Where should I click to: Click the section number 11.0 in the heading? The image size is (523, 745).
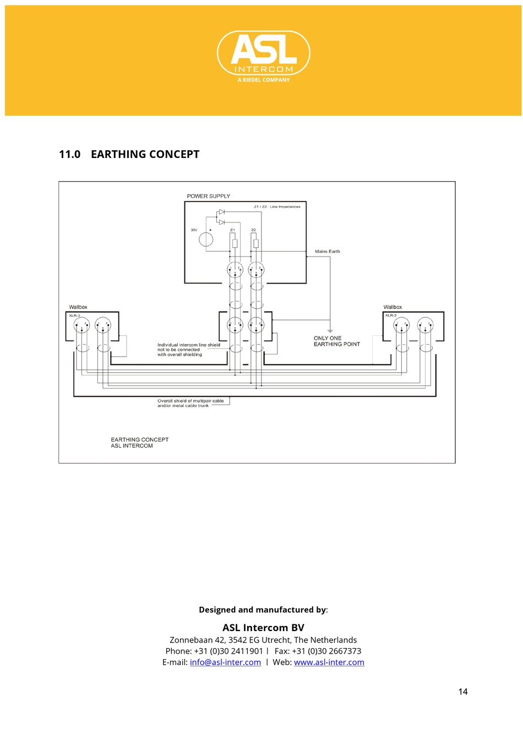click(69, 154)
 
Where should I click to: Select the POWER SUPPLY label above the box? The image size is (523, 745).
click(208, 196)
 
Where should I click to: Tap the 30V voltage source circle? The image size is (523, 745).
click(206, 240)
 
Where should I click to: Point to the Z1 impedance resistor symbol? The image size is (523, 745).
click(235, 243)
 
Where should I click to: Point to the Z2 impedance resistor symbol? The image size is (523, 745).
click(255, 243)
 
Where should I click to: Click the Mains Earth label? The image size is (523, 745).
click(327, 251)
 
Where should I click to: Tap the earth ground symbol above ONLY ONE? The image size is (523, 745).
click(330, 331)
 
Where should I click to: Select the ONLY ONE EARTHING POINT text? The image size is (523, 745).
click(336, 341)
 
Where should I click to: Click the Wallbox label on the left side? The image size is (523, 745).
click(78, 307)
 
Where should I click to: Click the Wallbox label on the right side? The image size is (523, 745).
click(393, 307)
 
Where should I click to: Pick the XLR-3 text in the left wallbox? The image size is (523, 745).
click(74, 316)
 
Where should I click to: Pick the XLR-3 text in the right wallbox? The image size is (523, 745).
click(390, 316)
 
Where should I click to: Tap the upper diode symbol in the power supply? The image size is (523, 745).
click(221, 212)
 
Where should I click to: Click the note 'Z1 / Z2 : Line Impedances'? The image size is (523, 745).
click(277, 207)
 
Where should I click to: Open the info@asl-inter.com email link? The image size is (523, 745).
click(225, 662)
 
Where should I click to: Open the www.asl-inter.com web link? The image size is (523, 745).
click(329, 662)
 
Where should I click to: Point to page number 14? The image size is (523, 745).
click(462, 692)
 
